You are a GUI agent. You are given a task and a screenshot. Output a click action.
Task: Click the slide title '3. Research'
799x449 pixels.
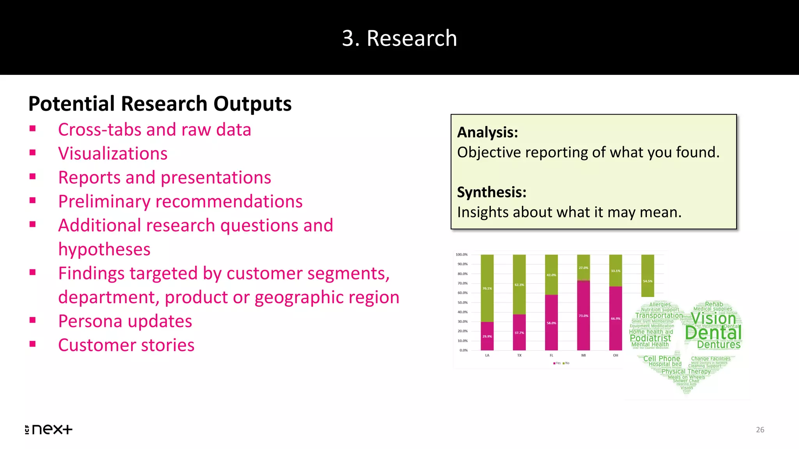tap(399, 38)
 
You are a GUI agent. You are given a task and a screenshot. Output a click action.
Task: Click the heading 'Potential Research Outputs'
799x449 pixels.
tap(160, 104)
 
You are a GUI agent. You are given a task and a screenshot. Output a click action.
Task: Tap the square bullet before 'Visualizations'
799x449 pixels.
tap(33, 153)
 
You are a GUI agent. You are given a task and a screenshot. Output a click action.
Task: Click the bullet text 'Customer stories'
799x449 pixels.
tap(126, 345)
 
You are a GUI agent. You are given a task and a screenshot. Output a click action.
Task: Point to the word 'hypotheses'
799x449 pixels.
tap(104, 249)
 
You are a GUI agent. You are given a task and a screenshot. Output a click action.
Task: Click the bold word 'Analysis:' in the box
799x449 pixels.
tap(487, 132)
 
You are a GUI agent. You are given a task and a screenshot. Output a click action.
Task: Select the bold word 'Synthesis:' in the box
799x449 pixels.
tap(492, 192)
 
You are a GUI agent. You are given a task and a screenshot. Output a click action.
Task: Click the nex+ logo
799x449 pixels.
tap(49, 429)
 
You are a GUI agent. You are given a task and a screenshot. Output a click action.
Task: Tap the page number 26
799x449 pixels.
tap(760, 430)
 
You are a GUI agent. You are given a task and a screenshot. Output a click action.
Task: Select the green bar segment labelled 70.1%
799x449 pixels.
tap(487, 288)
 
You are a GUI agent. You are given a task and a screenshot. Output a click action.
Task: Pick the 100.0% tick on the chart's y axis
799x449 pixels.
tap(462, 255)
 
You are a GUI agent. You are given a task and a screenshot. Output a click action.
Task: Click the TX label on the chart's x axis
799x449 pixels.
tap(519, 355)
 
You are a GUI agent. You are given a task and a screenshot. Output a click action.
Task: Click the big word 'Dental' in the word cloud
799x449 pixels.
tap(713, 332)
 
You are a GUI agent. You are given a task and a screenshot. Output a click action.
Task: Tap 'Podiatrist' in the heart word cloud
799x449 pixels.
tap(650, 338)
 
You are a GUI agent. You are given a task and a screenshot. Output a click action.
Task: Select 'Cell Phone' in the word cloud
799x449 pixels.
tap(661, 358)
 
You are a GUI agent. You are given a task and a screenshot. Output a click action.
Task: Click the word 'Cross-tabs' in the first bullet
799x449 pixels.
tap(99, 129)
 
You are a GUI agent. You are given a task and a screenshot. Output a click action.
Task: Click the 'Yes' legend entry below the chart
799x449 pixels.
tap(557, 363)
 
